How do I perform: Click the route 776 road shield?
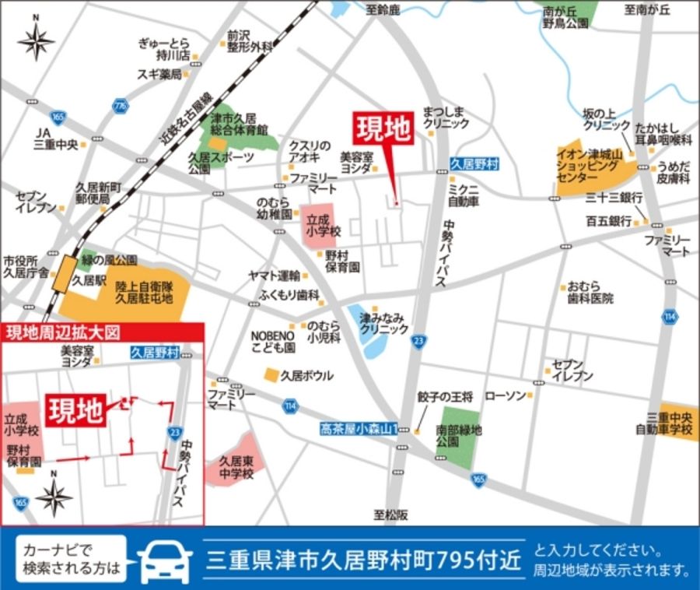120,104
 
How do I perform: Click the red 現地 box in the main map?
384,129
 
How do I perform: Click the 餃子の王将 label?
445,397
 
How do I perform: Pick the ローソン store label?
505,395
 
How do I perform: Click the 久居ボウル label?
306,375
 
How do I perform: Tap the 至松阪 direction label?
391,514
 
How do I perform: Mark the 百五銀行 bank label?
609,221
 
